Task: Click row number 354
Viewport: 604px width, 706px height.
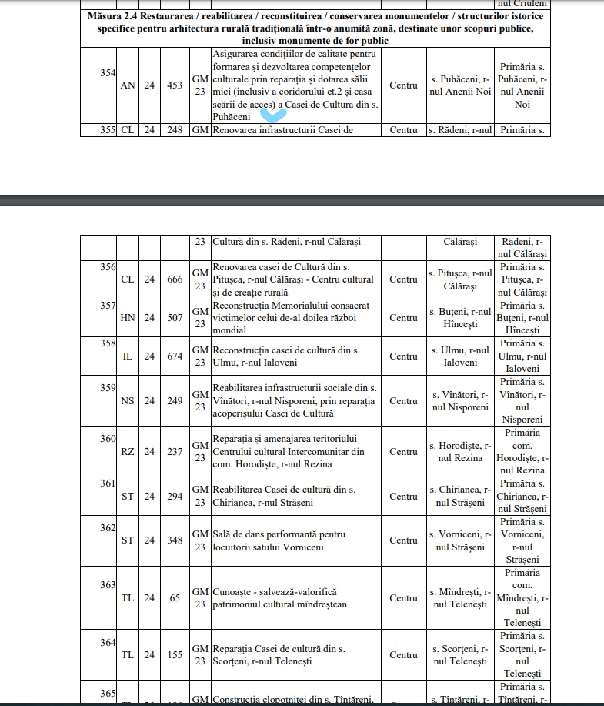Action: (108, 73)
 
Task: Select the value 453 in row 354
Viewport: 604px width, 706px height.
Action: (175, 85)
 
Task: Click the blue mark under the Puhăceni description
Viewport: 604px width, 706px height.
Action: (273, 115)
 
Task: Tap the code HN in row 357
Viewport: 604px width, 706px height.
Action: (128, 317)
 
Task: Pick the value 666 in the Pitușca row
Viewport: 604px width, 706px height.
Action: (175, 279)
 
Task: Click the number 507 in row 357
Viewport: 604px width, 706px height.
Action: (175, 317)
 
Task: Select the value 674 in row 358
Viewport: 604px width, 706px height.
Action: (175, 356)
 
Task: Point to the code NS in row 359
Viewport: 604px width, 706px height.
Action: (128, 400)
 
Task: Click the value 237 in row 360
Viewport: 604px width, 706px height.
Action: (175, 451)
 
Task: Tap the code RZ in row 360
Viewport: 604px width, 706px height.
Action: (128, 451)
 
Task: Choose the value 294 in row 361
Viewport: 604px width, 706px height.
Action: (175, 496)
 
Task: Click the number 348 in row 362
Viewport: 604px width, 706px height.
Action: (175, 540)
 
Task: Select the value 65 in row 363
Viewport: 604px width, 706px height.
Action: (175, 597)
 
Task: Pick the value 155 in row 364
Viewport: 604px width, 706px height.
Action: (175, 654)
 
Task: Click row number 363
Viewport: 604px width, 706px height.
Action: (108, 584)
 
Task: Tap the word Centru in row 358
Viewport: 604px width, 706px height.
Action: (403, 356)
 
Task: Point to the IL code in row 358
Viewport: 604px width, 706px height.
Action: (128, 356)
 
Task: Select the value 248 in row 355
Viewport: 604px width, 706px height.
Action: (175, 130)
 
